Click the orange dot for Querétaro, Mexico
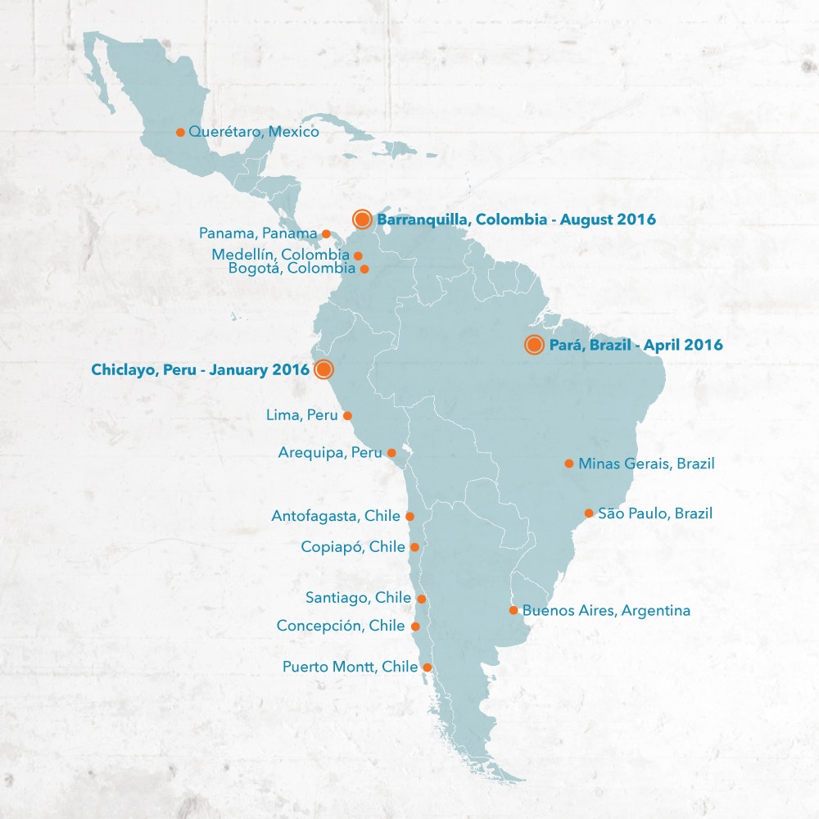(x=180, y=132)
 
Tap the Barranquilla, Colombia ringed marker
(x=363, y=219)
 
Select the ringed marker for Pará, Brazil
(x=534, y=345)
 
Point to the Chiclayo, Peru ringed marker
(x=324, y=369)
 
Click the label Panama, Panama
(x=258, y=233)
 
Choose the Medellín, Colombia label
(x=280, y=255)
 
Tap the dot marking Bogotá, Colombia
(x=364, y=269)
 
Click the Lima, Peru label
(x=301, y=415)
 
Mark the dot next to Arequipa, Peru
(x=391, y=453)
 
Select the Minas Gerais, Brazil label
(x=646, y=464)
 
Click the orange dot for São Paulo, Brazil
(x=589, y=514)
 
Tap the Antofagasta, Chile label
(x=336, y=516)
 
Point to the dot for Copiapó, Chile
(x=414, y=547)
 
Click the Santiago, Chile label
(x=358, y=598)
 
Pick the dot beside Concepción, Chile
(x=415, y=627)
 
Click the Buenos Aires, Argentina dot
(x=514, y=610)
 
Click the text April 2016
(x=683, y=345)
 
